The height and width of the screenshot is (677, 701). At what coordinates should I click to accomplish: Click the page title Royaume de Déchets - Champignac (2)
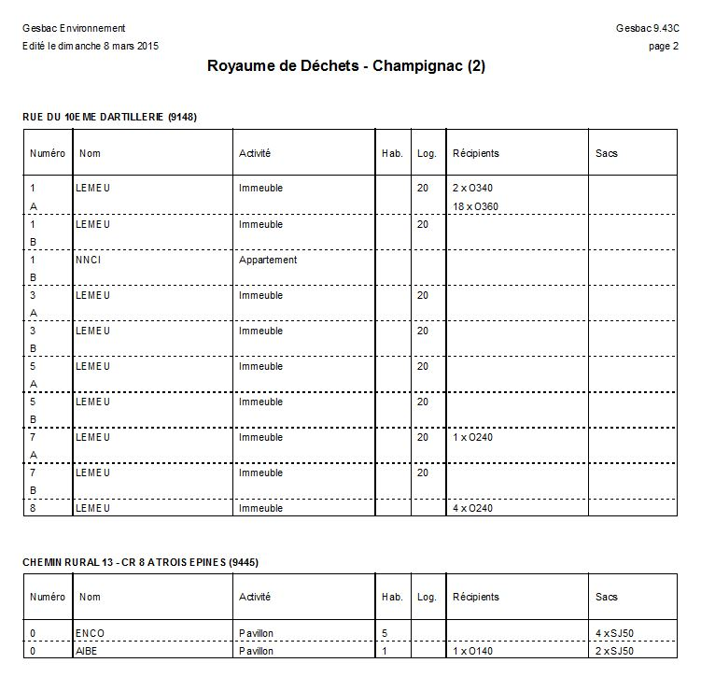click(x=345, y=66)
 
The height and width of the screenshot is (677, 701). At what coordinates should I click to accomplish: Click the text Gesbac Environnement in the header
click(x=74, y=29)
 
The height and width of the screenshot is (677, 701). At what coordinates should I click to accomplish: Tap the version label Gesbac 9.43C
click(x=647, y=29)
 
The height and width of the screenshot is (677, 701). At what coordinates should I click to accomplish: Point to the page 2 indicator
click(x=663, y=47)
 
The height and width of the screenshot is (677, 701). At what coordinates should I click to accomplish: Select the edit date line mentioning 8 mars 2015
click(x=90, y=47)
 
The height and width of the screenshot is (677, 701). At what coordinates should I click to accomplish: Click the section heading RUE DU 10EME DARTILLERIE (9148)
click(x=109, y=117)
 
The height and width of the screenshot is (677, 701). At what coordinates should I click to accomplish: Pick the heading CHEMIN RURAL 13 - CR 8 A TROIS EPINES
click(x=140, y=562)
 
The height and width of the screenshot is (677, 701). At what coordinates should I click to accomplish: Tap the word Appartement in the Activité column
click(x=268, y=260)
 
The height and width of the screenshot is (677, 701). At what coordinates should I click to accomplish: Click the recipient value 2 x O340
click(x=472, y=189)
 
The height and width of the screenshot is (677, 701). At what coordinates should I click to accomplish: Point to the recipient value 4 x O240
click(x=472, y=509)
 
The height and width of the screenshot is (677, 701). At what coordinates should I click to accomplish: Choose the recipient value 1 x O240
click(x=472, y=437)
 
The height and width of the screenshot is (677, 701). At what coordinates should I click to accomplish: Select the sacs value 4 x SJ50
click(x=615, y=633)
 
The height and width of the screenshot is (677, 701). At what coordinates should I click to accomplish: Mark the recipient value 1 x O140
click(x=472, y=651)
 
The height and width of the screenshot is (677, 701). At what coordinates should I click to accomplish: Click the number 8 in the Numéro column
click(x=34, y=509)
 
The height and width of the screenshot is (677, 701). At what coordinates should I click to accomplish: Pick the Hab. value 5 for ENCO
click(x=385, y=633)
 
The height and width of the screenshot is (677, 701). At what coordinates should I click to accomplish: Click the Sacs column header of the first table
click(x=607, y=153)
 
